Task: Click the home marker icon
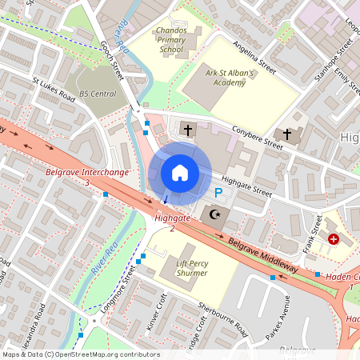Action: pyautogui.click(x=180, y=173)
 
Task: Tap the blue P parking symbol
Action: pyautogui.click(x=218, y=193)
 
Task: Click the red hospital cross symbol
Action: pyautogui.click(x=334, y=238)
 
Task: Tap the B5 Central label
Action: pyautogui.click(x=98, y=94)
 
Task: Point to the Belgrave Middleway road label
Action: pyautogui.click(x=262, y=254)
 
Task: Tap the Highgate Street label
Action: pyautogui.click(x=247, y=186)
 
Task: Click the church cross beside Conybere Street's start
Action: pyautogui.click(x=188, y=129)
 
